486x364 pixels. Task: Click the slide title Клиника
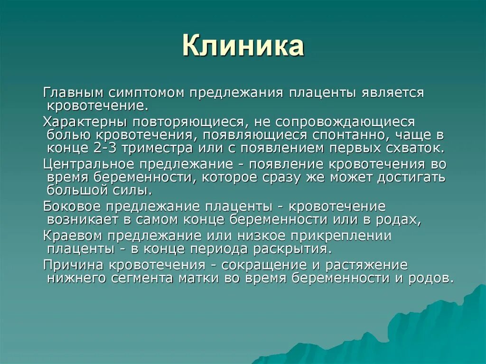(243, 47)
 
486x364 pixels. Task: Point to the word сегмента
(145, 278)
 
